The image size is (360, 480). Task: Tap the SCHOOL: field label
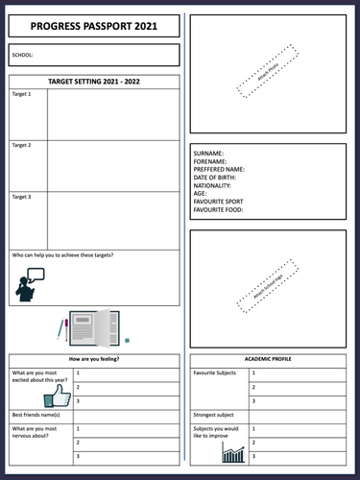click(x=22, y=56)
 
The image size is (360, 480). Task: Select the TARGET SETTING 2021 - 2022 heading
click(x=94, y=83)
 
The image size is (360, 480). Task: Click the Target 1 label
click(x=21, y=94)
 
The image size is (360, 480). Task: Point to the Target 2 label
click(x=21, y=145)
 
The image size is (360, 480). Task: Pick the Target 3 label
click(x=21, y=197)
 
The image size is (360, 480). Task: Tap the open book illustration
click(x=93, y=327)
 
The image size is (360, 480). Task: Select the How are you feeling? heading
click(x=94, y=358)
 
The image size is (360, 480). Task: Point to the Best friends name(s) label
click(x=36, y=415)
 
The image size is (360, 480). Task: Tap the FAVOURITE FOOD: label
click(x=219, y=209)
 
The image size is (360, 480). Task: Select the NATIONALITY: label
click(x=212, y=185)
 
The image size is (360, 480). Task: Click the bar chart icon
click(x=233, y=451)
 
